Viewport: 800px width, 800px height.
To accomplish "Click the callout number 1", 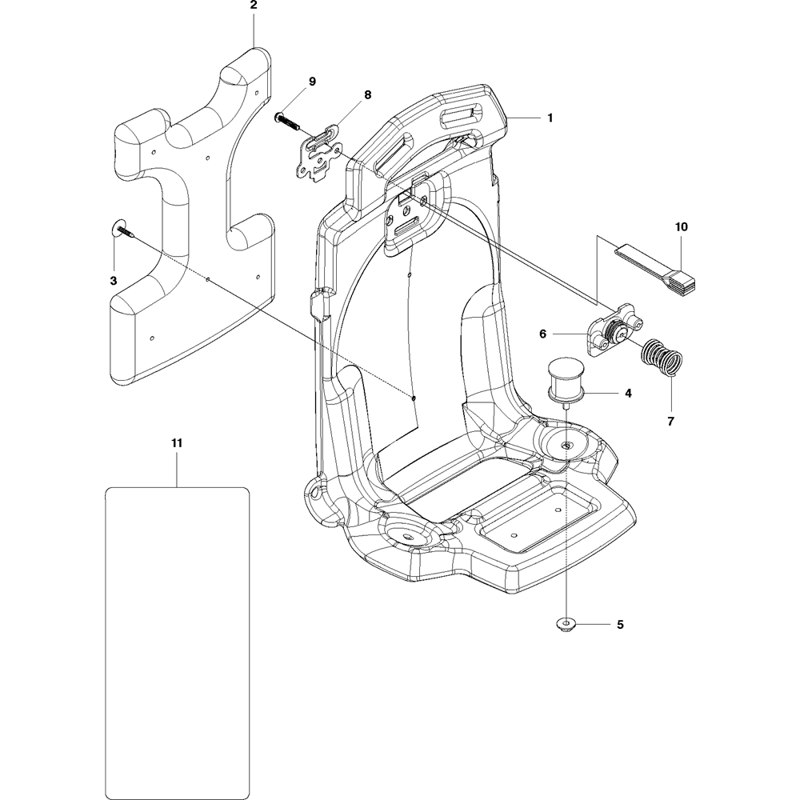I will pyautogui.click(x=550, y=118).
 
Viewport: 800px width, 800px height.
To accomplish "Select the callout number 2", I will pyautogui.click(x=254, y=5).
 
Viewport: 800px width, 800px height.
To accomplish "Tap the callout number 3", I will pyautogui.click(x=114, y=281).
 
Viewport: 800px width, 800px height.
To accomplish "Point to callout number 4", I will pyautogui.click(x=628, y=394).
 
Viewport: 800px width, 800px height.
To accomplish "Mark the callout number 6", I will pyautogui.click(x=565, y=332).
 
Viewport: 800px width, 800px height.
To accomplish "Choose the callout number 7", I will pyautogui.click(x=671, y=421).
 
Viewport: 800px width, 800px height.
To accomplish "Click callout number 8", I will pyautogui.click(x=367, y=94).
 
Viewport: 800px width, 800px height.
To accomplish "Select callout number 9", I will pyautogui.click(x=313, y=82).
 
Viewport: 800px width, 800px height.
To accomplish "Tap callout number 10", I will pyautogui.click(x=681, y=227).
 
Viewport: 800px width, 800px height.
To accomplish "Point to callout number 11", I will pyautogui.click(x=177, y=442).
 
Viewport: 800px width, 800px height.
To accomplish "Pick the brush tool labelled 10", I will pyautogui.click(x=664, y=267).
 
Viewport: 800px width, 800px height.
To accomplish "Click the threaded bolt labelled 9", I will pyautogui.click(x=288, y=122).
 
